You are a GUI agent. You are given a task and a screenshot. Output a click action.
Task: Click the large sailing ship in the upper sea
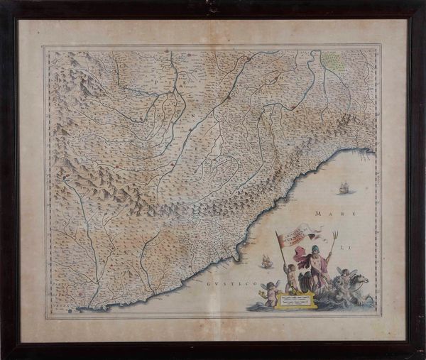pos(344,188)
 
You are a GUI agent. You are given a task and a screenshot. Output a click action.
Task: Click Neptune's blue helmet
pos(315,249)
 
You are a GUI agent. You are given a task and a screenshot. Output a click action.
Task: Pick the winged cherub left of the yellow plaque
pos(270,292)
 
